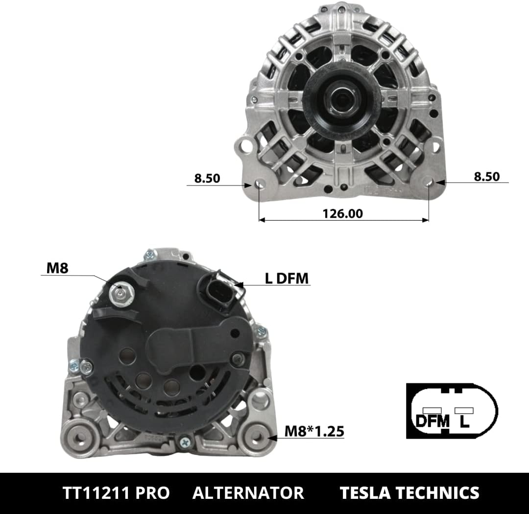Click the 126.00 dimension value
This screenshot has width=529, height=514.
(342, 213)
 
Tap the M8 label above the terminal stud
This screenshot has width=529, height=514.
(57, 268)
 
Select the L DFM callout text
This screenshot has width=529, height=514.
(287, 279)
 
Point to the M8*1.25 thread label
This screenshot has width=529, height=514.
(314, 431)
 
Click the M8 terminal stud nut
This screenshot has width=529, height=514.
(122, 294)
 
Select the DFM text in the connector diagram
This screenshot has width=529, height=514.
(433, 421)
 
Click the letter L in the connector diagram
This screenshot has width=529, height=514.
(464, 421)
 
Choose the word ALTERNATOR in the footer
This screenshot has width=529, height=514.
(248, 493)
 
